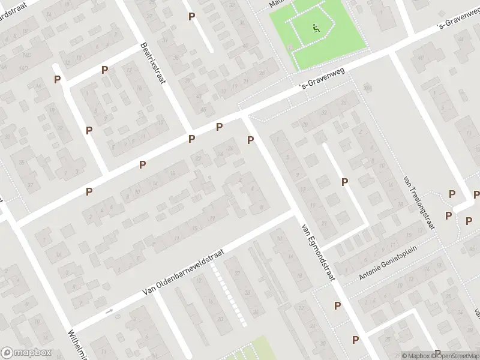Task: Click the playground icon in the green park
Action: click(316, 28)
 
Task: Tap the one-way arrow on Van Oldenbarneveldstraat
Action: click(109, 311)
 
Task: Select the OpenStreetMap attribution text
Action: click(451, 356)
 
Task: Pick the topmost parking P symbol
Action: click(191, 16)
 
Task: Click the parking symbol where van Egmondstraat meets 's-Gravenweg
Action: click(251, 140)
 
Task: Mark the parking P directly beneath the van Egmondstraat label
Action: click(337, 305)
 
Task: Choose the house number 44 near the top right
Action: click(421, 58)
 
